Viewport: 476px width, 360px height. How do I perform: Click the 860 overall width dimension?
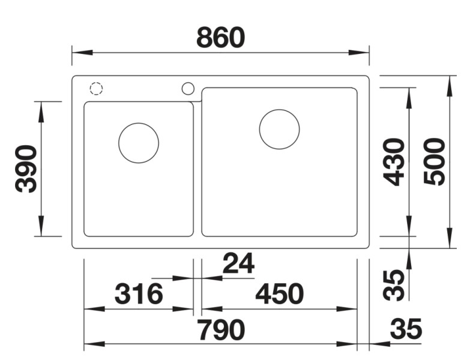point(221,38)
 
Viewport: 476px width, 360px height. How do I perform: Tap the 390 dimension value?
point(27,169)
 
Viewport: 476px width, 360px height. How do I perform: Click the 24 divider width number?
point(238,263)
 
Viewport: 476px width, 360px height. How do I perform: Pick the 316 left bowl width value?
point(139,295)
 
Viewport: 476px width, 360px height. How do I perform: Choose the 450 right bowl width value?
point(280,295)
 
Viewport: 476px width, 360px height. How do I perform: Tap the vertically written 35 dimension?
point(394,285)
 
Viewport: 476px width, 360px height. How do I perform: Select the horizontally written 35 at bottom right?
point(406,329)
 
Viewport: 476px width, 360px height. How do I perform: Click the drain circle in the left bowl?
point(139,143)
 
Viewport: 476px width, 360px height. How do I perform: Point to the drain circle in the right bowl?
point(280,130)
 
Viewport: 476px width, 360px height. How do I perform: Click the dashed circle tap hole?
point(96,89)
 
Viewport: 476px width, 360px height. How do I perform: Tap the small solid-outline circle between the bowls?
point(188,89)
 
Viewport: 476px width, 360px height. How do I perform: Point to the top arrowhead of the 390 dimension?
point(42,108)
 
